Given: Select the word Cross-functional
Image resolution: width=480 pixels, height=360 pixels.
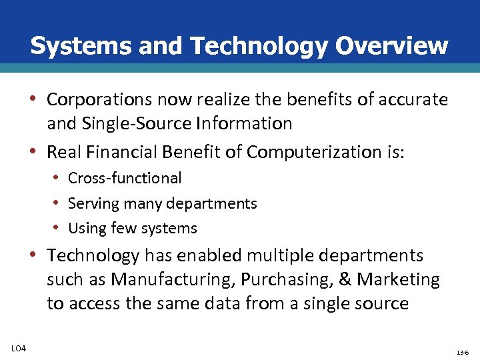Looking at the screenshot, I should [125, 178].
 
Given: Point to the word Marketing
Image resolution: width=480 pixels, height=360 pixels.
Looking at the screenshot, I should [399, 279].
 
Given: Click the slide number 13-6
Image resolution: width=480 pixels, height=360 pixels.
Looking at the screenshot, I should [462, 351].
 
